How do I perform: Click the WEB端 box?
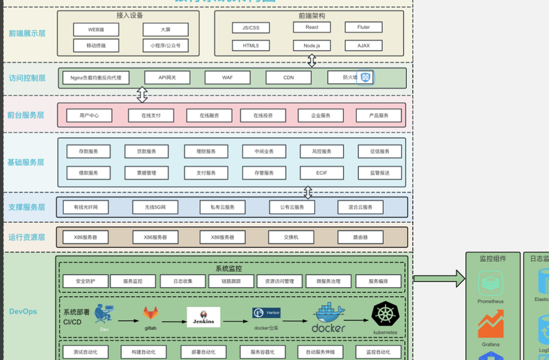click(95, 29)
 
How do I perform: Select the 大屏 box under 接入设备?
click(165, 29)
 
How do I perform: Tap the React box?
click(312, 27)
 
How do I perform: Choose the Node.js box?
click(312, 45)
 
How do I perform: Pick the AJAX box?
click(363, 45)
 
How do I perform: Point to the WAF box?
click(226, 77)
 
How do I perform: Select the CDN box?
click(288, 77)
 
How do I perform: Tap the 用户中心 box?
click(89, 116)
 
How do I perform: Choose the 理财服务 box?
click(207, 152)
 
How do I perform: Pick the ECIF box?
click(321, 173)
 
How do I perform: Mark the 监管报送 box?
click(379, 173)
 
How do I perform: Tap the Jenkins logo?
click(204, 317)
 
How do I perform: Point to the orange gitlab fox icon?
click(151, 313)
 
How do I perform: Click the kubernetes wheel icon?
click(385, 315)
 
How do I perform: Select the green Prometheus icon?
click(491, 283)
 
